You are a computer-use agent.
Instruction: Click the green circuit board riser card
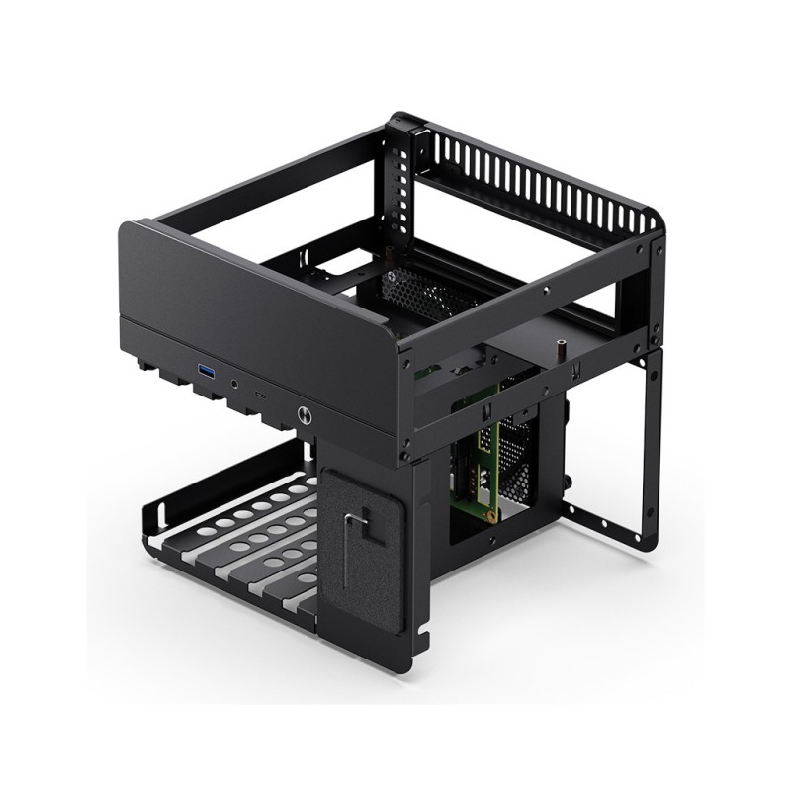point(479,465)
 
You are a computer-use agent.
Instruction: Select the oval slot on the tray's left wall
point(159,514)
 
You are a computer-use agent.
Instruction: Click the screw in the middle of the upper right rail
point(547,291)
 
